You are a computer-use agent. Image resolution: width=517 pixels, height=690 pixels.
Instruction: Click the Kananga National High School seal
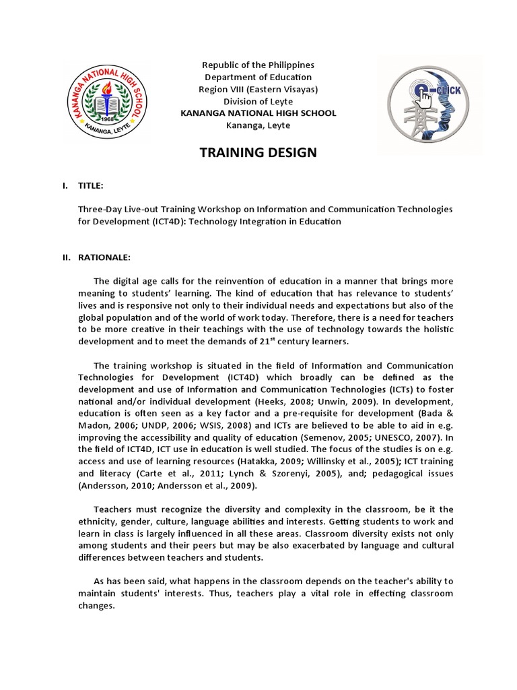coord(104,100)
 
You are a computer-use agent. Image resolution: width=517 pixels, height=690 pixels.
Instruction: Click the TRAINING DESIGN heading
coord(258,152)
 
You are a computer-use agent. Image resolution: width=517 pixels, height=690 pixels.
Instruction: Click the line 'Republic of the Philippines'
coord(258,65)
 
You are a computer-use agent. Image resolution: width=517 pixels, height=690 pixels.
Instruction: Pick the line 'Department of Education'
coord(258,77)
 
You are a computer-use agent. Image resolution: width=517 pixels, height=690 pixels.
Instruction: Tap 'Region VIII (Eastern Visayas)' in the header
coord(258,89)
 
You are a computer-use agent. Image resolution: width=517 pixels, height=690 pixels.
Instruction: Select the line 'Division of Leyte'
coord(258,101)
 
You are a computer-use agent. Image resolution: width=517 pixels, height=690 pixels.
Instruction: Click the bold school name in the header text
coord(258,113)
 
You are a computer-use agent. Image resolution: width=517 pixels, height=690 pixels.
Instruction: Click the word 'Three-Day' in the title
coord(99,210)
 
